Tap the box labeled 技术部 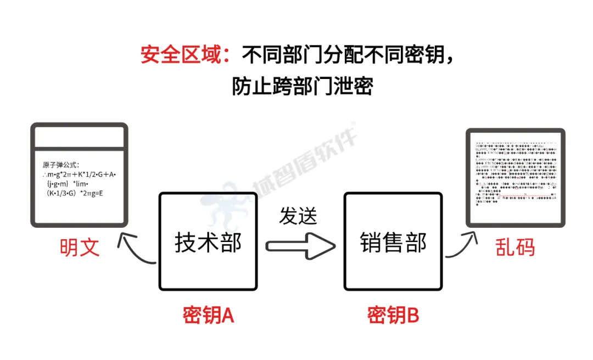[x=208, y=241]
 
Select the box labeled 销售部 [x=393, y=241]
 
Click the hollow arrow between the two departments [x=300, y=245]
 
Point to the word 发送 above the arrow [x=298, y=216]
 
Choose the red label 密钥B [x=393, y=316]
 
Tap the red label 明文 [x=80, y=248]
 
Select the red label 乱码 [x=514, y=248]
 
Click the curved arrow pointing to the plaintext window [x=137, y=250]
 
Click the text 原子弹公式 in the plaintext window [x=61, y=165]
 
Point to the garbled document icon [x=515, y=177]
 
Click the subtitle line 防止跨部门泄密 [x=302, y=87]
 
